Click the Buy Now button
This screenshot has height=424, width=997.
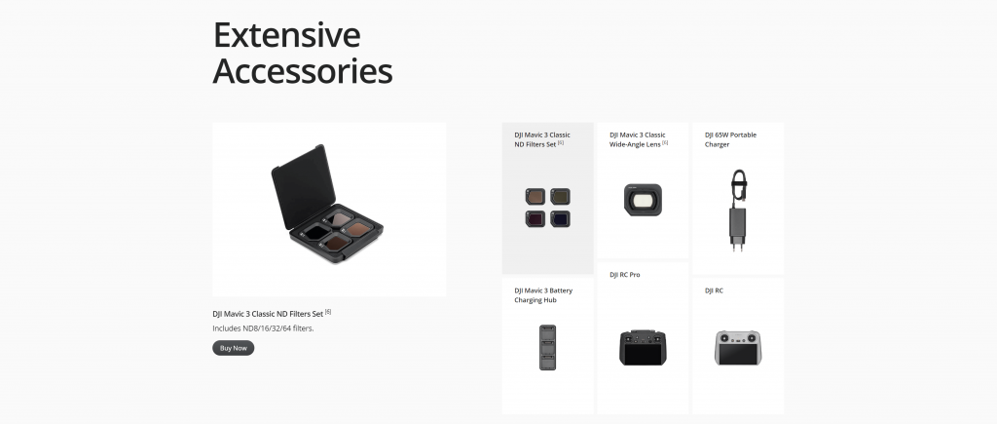pyautogui.click(x=234, y=348)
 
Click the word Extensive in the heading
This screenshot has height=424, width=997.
pyautogui.click(x=287, y=35)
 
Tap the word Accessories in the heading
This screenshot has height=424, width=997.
pyautogui.click(x=303, y=70)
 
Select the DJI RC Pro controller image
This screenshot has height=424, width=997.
pyautogui.click(x=643, y=348)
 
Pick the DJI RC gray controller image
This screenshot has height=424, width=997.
pyautogui.click(x=738, y=348)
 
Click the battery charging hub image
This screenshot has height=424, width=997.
pyautogui.click(x=547, y=348)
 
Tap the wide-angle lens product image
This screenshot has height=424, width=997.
pyautogui.click(x=643, y=200)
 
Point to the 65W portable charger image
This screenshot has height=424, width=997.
pyautogui.click(x=738, y=211)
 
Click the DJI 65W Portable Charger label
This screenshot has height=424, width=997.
pyautogui.click(x=730, y=139)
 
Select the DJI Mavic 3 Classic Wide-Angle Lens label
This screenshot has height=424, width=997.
pyautogui.click(x=638, y=139)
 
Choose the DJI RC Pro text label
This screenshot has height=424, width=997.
pyautogui.click(x=625, y=275)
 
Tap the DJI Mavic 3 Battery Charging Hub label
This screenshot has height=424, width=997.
pyautogui.click(x=543, y=295)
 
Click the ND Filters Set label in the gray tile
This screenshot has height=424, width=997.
pyautogui.click(x=542, y=139)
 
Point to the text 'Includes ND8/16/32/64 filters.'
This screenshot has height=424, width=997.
pyautogui.click(x=263, y=328)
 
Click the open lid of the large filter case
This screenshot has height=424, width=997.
pyautogui.click(x=304, y=186)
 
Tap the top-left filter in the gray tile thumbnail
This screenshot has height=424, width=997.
pyautogui.click(x=535, y=196)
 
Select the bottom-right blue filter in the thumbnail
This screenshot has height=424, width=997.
pyautogui.click(x=560, y=219)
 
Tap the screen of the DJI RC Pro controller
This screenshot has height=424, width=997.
pyautogui.click(x=643, y=352)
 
